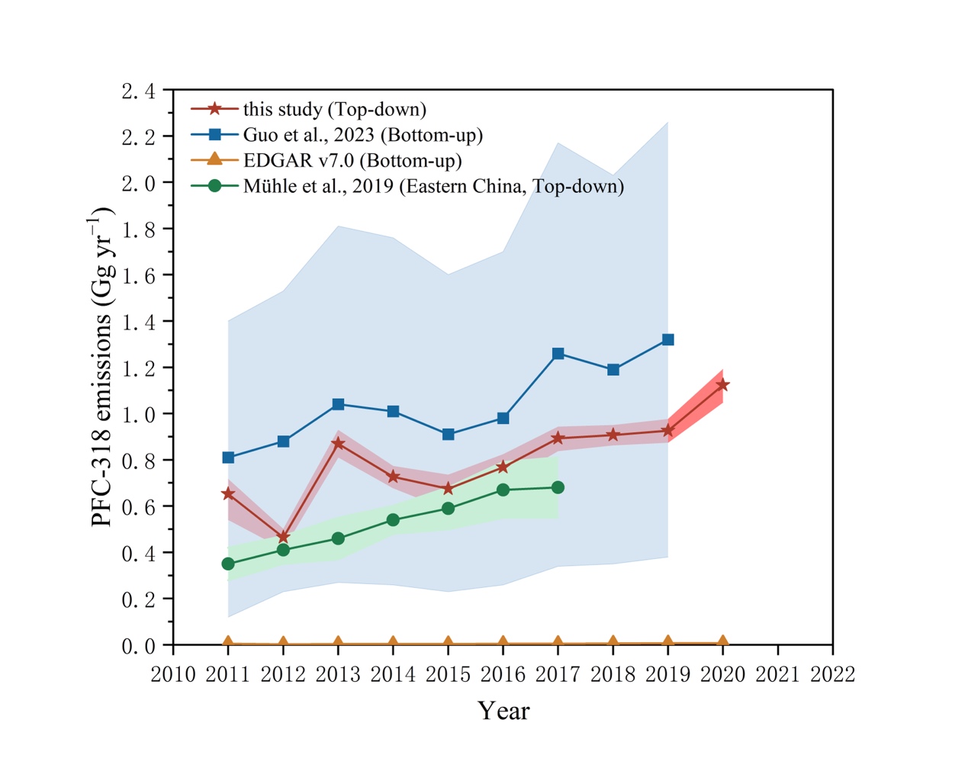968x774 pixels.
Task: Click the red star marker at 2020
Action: (x=722, y=385)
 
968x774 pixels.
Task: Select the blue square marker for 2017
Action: (x=558, y=354)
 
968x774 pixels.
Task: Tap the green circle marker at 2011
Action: (x=228, y=564)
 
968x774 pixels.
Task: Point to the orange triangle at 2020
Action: (x=722, y=641)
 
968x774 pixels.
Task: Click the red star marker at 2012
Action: (x=283, y=537)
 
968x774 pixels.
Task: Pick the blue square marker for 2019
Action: (x=667, y=339)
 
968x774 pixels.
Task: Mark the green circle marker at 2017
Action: (x=558, y=487)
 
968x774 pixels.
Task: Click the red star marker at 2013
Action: (x=338, y=443)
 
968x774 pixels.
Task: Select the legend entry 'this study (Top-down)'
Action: (x=334, y=109)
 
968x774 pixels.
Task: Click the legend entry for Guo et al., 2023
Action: (x=362, y=135)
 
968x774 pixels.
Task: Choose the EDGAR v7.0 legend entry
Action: (x=352, y=160)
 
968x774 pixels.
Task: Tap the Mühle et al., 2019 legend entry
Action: (x=433, y=186)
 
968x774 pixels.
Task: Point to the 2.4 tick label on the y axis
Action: (x=138, y=92)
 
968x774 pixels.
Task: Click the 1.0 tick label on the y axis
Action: (x=138, y=415)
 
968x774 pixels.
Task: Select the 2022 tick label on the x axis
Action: (x=832, y=674)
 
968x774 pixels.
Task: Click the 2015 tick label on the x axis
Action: (x=448, y=674)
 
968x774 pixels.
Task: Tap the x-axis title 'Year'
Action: (x=503, y=711)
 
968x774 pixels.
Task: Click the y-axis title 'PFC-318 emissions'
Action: (x=101, y=367)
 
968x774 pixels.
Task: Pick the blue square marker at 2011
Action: (x=228, y=458)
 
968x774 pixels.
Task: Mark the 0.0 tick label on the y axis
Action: (x=138, y=646)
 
